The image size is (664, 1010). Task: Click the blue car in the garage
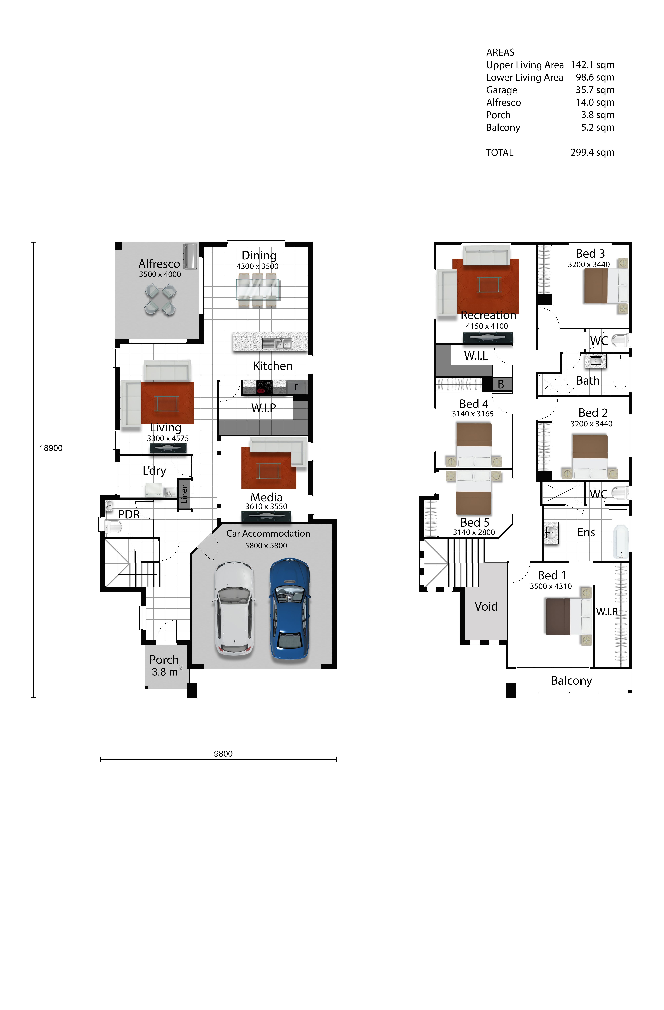[x=290, y=609]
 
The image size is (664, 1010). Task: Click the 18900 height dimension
[x=51, y=448]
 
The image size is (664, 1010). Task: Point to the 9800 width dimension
[x=223, y=754]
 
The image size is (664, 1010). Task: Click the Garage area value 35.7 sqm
[x=595, y=90]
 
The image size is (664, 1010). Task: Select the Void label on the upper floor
[x=486, y=607]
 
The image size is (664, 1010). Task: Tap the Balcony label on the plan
[x=571, y=681]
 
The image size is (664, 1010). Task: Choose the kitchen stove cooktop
[x=264, y=388]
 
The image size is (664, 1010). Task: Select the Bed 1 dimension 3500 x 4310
[x=551, y=586]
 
